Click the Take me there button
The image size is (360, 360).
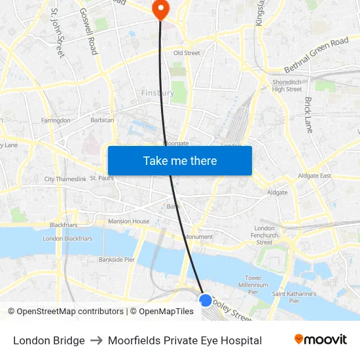coord(180,160)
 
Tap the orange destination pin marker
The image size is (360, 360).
coord(160,9)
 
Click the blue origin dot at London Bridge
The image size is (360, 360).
coord(205,300)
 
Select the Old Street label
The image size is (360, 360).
coord(187,53)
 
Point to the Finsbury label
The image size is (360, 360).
coord(158,93)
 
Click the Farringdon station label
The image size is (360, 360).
coord(56,120)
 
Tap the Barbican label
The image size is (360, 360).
coord(103,120)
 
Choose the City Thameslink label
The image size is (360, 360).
coord(65,179)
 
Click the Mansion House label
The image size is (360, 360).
coord(129,221)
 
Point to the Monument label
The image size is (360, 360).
coord(199,237)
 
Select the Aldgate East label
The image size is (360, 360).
coord(315,175)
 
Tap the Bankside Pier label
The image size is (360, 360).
coord(117,259)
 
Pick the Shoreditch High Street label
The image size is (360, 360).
coord(287,86)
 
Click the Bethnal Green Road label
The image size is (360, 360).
coord(316,55)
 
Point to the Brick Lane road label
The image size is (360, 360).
coord(308,115)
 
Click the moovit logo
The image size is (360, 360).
coord(320,340)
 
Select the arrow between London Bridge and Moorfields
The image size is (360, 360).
coord(96,340)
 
